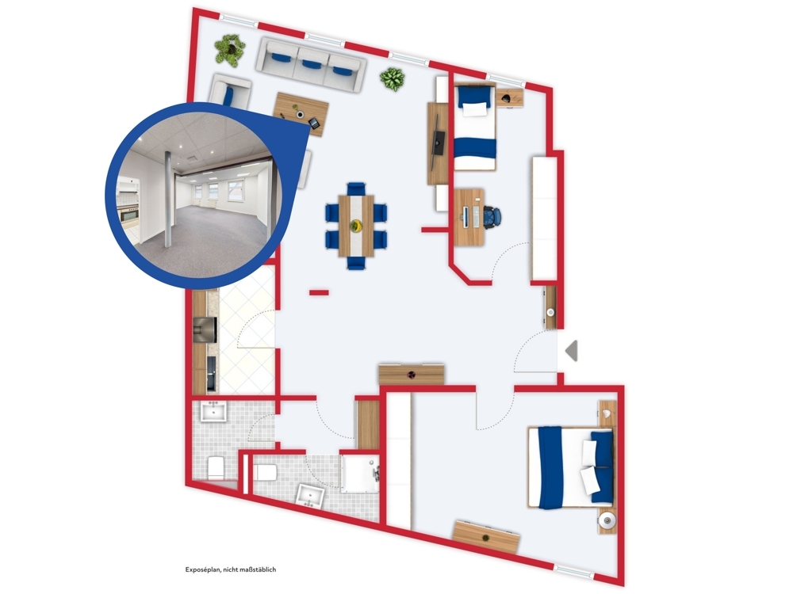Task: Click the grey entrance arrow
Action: tap(572, 351)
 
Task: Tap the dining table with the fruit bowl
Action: tap(357, 226)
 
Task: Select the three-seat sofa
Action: tap(311, 65)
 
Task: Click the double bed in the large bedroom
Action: tap(570, 467)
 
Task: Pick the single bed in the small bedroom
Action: tap(475, 128)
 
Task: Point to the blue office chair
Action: tap(492, 217)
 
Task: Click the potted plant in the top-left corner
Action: tap(230, 49)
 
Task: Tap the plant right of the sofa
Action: tap(393, 78)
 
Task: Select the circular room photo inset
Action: tap(194, 195)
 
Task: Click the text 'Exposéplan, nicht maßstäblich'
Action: tap(231, 569)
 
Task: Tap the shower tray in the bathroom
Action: tap(360, 474)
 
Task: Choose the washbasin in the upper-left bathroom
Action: tap(214, 411)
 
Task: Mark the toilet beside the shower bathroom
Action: tap(265, 473)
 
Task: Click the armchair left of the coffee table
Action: tap(230, 91)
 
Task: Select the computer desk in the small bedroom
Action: tap(469, 217)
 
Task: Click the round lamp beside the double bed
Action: tap(607, 520)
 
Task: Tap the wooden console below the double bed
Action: tap(487, 537)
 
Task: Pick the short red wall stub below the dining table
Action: tap(319, 292)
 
